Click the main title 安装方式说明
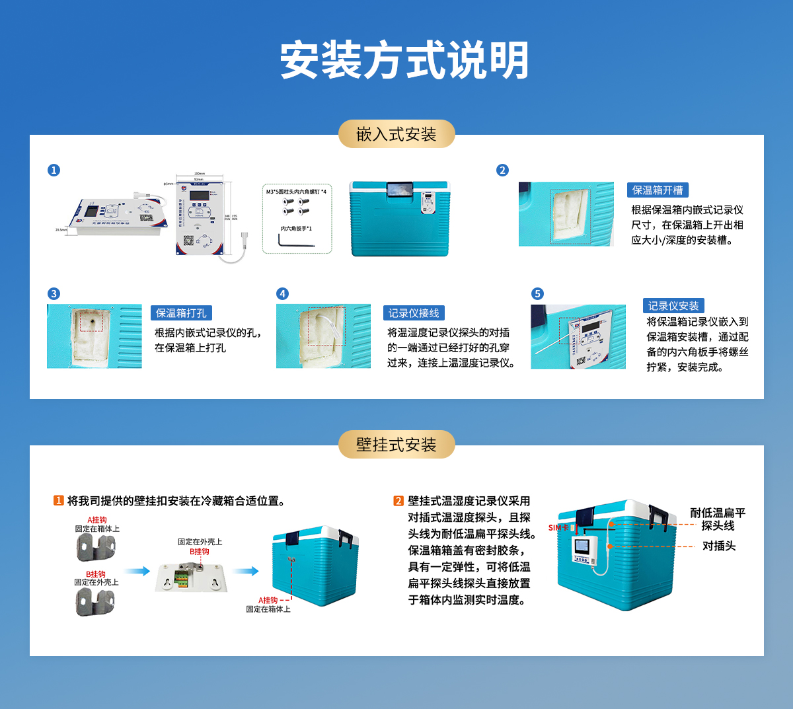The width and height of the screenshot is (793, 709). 404,60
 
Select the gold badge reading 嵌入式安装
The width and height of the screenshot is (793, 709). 397,134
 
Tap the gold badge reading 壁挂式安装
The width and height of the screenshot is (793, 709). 397,445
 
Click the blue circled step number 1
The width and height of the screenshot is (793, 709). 54,170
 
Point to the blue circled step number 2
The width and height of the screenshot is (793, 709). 502,170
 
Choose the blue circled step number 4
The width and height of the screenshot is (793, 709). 282,293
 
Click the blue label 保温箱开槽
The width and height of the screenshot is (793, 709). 658,190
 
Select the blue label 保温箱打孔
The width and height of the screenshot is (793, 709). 181,313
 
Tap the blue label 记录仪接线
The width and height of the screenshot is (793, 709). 414,313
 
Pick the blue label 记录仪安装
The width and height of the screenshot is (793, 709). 673,306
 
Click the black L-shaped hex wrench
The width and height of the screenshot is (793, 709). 295,243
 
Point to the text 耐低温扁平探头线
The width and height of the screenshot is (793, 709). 718,519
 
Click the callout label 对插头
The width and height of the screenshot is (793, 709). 718,546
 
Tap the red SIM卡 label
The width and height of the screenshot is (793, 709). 558,527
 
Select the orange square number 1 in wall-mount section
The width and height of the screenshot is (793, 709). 58,501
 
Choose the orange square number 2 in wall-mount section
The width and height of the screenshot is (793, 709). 398,501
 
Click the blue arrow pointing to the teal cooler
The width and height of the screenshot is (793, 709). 245,571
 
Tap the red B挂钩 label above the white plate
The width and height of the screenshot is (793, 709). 199,551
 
